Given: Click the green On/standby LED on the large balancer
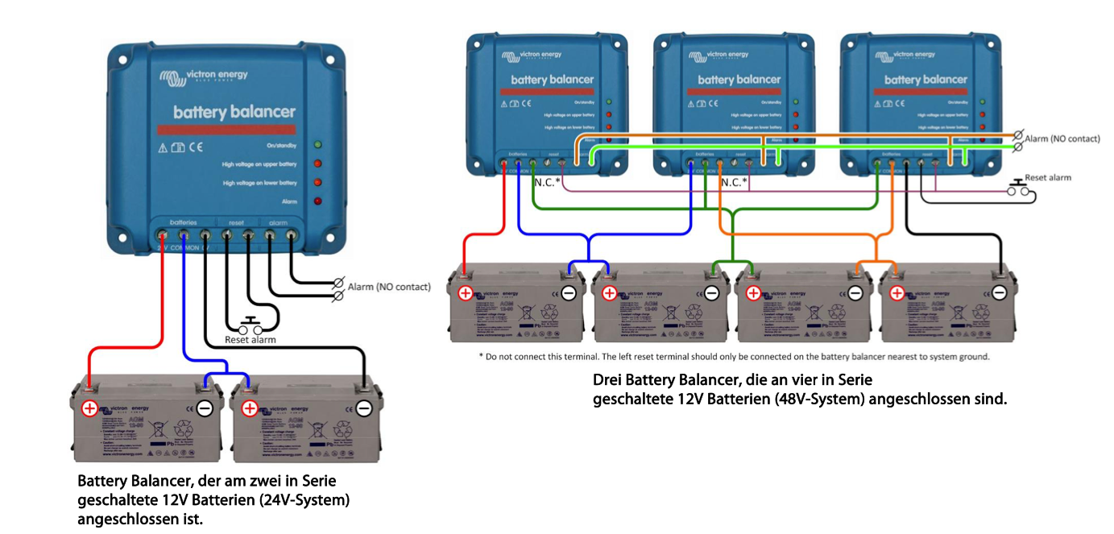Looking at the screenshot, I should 318,145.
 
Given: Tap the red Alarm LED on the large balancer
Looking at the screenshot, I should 318,201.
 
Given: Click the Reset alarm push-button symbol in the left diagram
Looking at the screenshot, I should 249,326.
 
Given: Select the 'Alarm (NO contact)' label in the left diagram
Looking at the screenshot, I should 389,287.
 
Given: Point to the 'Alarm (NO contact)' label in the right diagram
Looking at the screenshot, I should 1062,139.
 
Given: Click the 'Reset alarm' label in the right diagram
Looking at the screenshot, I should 1047,177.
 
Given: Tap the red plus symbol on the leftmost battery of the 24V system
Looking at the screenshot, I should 89,408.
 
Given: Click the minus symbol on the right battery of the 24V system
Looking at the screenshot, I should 364,408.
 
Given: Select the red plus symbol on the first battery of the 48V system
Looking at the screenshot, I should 466,293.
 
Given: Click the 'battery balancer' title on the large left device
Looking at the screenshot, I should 234,112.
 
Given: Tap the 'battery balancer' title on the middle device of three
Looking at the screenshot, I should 739,80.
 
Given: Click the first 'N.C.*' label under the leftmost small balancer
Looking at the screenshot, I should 548,183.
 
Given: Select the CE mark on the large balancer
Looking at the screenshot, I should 196,147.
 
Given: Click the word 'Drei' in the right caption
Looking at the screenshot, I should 607,379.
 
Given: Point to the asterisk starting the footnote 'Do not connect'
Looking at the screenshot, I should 481,357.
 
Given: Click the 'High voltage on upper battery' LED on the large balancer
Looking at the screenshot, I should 318,164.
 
